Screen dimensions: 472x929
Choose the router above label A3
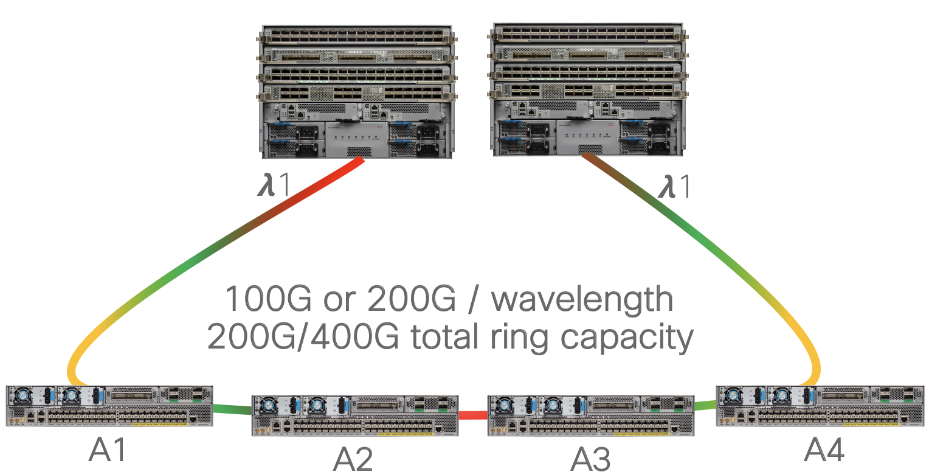pyautogui.click(x=590, y=415)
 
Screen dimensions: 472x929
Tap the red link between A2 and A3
pyautogui.click(x=472, y=415)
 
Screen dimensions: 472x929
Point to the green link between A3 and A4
pyautogui.click(x=705, y=404)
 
